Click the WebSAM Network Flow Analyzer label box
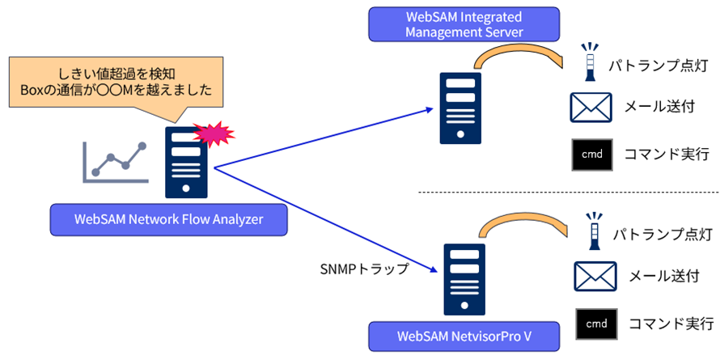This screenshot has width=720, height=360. click(x=168, y=218)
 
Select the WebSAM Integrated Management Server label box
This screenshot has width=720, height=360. click(x=452, y=24)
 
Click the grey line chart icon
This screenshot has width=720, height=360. click(x=116, y=162)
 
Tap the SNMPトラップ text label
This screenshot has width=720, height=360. click(x=365, y=267)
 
